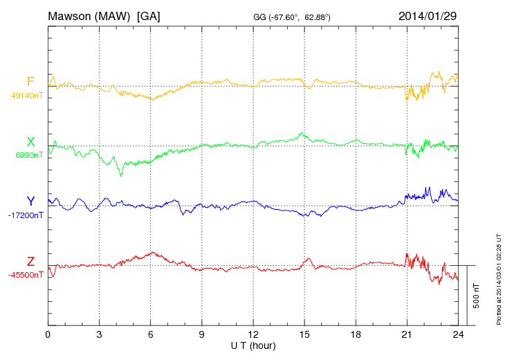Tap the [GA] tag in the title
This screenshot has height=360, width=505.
(x=149, y=15)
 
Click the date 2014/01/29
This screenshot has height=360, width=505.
(x=428, y=15)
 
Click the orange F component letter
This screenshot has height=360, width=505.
(x=30, y=82)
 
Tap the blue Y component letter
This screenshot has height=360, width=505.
(x=30, y=201)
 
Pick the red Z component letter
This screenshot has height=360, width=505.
(x=30, y=262)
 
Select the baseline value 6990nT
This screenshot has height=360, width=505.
(x=28, y=155)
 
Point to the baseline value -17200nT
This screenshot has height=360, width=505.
(x=26, y=215)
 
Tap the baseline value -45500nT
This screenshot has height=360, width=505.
(x=26, y=275)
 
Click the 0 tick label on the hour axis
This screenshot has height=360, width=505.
(x=48, y=334)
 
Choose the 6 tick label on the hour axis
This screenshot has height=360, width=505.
(x=151, y=334)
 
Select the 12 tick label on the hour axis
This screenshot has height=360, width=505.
(x=253, y=334)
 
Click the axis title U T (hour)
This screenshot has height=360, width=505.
(x=253, y=345)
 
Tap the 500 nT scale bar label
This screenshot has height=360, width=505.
(x=477, y=295)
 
